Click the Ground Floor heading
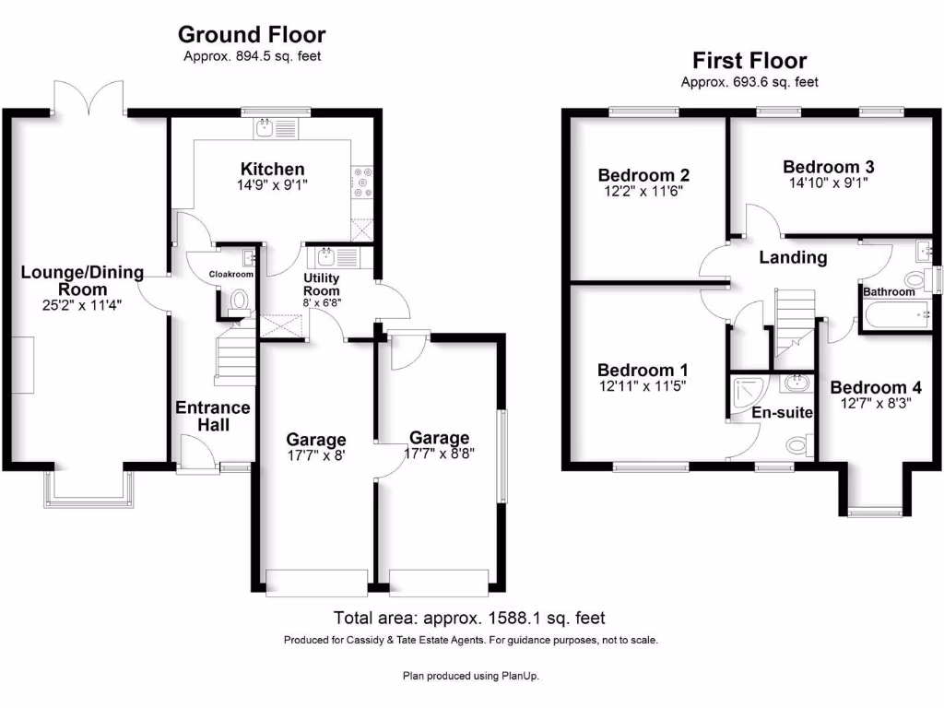251,35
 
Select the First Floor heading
749,61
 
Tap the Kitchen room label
272,169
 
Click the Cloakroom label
230,274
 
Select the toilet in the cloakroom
240,301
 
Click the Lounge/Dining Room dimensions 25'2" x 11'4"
82,305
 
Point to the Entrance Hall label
213,416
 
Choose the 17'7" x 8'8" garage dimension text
440,454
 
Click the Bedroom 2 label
643,175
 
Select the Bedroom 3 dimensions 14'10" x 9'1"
829,183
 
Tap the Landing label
792,258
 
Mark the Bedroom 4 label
875,388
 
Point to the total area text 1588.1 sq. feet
468,618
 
